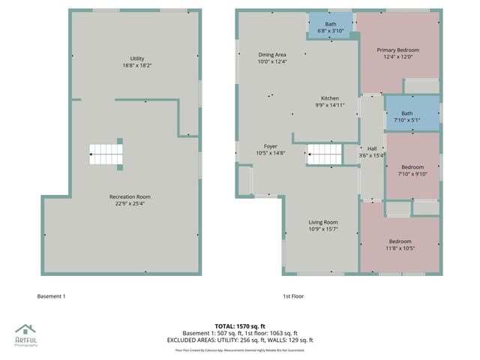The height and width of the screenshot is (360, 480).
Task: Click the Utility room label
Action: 136,58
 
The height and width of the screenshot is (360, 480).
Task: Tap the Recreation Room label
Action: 130,196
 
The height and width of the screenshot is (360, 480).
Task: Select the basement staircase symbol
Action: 106,155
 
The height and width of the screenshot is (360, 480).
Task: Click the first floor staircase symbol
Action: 325,156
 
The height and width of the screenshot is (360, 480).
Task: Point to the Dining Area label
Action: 272,55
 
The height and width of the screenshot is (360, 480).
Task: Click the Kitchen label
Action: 330,98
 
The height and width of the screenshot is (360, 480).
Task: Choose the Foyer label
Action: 271,146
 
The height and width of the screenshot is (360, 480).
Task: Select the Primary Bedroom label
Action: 397,49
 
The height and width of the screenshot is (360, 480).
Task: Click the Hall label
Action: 372,148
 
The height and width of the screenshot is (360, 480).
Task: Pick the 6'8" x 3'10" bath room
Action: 331,28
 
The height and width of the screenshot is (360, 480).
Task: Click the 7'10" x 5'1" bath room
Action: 406,116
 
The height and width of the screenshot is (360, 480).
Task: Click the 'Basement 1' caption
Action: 52,296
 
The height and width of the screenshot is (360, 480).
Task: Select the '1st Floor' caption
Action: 293,296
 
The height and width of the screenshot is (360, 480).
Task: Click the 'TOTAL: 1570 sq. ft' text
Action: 240,327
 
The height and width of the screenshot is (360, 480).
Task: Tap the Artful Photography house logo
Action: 25,329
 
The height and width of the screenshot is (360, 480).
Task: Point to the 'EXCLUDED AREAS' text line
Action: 240,340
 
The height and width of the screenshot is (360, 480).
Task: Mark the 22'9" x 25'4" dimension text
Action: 130,203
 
